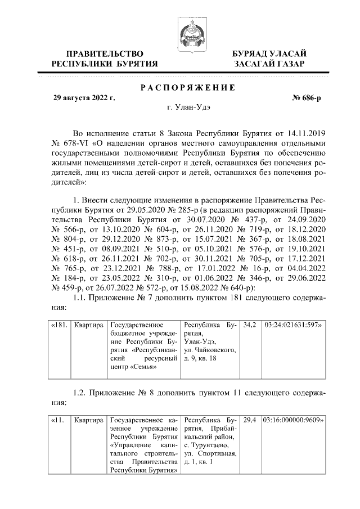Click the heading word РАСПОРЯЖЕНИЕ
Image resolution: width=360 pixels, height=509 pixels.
click(x=187, y=88)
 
